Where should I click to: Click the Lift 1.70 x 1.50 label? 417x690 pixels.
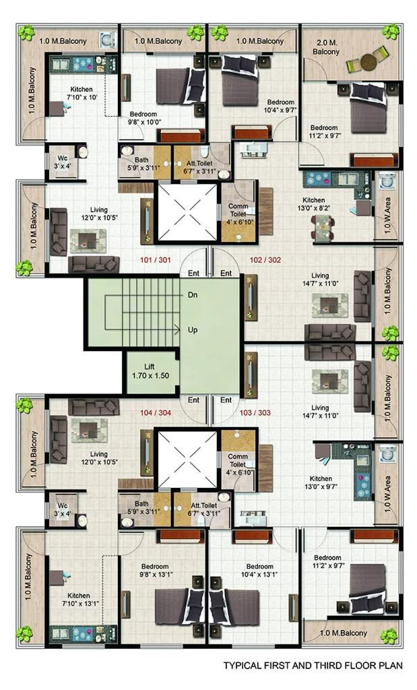pyautogui.click(x=150, y=371)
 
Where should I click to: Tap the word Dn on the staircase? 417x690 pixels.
pyautogui.click(x=193, y=295)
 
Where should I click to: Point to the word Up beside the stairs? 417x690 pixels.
pyautogui.click(x=193, y=330)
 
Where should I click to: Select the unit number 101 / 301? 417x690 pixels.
pyautogui.click(x=155, y=260)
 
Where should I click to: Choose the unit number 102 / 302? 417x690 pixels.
pyautogui.click(x=265, y=260)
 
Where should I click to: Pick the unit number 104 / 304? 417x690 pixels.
pyautogui.click(x=155, y=413)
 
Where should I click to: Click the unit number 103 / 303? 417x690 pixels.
pyautogui.click(x=255, y=413)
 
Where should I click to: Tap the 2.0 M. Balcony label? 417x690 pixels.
pyautogui.click(x=326, y=47)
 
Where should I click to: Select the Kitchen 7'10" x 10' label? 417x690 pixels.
pyautogui.click(x=82, y=93)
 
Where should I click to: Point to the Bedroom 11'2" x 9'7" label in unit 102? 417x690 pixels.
pyautogui.click(x=325, y=131)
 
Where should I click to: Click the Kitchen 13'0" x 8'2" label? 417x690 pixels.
pyautogui.click(x=314, y=203)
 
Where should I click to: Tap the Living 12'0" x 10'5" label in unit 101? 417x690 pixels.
pyautogui.click(x=99, y=214)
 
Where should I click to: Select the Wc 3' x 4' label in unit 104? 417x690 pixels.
pyautogui.click(x=63, y=509)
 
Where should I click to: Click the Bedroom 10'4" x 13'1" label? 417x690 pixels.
pyautogui.click(x=260, y=570)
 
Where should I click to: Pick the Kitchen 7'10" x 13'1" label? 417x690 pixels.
pyautogui.click(x=79, y=599)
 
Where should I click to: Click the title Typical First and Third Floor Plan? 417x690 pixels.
pyautogui.click(x=313, y=665)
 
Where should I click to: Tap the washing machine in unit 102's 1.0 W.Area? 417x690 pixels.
pyautogui.click(x=387, y=181)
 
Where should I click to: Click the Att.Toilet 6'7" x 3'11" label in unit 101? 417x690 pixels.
pyautogui.click(x=202, y=167)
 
